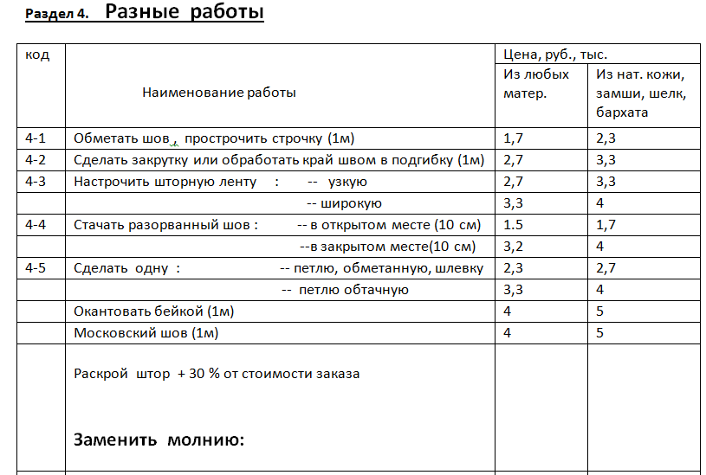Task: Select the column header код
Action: [37, 55]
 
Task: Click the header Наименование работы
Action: [218, 93]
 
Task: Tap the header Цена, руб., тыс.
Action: [555, 54]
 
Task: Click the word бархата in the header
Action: [622, 112]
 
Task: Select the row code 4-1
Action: [37, 138]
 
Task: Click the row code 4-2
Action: [37, 159]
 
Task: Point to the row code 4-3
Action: [37, 181]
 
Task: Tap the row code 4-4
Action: [37, 225]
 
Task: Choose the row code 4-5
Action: [37, 267]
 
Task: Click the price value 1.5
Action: [514, 225]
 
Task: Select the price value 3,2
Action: [514, 247]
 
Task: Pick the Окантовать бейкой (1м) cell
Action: [154, 311]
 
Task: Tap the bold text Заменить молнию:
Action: [159, 440]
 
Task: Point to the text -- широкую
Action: [345, 203]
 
